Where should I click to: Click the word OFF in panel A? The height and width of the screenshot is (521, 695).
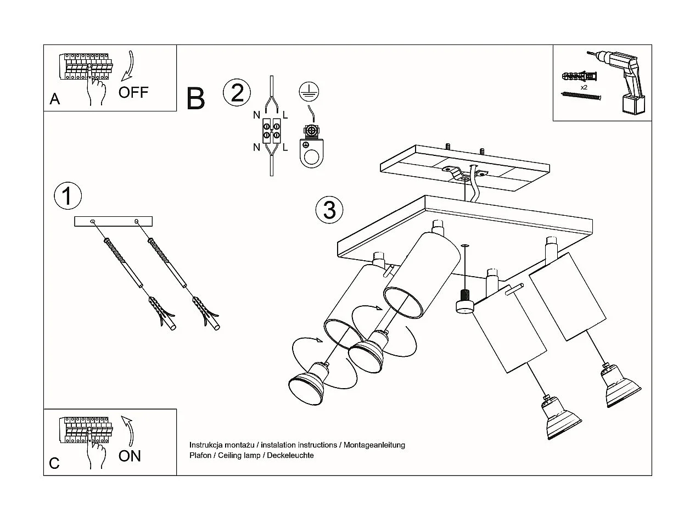click(x=133, y=92)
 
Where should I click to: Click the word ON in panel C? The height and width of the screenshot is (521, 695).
click(x=130, y=456)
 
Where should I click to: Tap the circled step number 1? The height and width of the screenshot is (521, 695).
click(x=68, y=196)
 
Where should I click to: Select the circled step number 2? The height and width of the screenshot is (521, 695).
click(x=237, y=92)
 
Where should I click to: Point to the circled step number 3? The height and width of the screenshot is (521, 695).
click(x=329, y=209)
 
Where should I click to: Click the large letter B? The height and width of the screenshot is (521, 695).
click(x=195, y=98)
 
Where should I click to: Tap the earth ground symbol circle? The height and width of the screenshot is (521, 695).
click(x=309, y=93)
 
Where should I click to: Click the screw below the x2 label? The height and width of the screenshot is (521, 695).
click(x=581, y=96)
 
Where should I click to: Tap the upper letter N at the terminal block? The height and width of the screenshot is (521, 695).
click(x=256, y=115)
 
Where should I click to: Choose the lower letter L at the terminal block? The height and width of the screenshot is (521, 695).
click(x=285, y=147)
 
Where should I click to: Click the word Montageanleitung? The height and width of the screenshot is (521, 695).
click(x=374, y=445)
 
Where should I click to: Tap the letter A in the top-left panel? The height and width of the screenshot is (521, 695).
click(x=55, y=99)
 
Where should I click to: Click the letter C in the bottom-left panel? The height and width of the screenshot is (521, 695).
click(x=54, y=463)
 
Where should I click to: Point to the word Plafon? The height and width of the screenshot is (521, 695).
click(x=201, y=456)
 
